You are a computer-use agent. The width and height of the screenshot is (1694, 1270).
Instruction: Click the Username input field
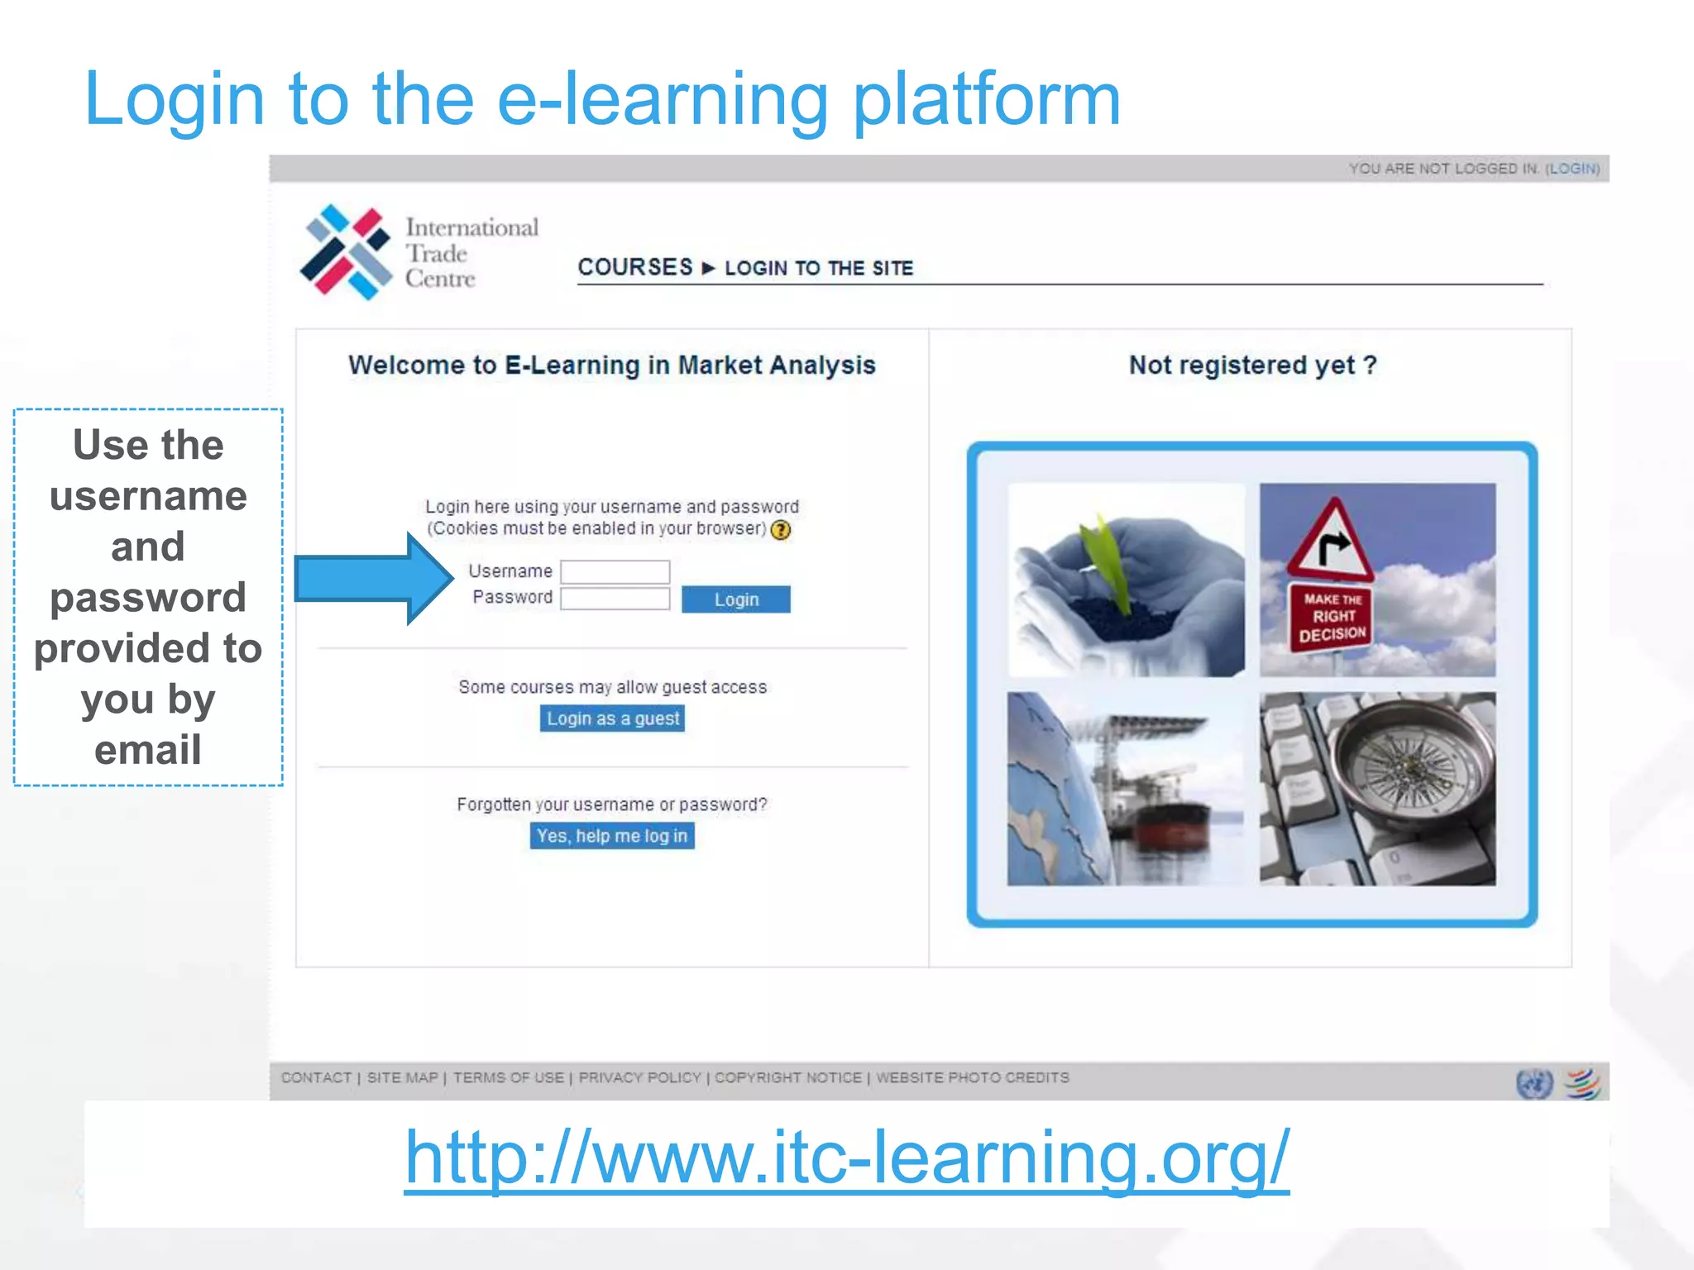click(x=615, y=571)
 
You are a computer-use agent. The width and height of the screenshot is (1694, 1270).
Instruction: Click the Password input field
click(x=615, y=599)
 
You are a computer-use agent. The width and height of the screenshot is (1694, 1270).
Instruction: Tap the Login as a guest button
click(x=612, y=719)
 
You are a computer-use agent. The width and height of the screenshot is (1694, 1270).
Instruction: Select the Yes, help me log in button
click(x=612, y=836)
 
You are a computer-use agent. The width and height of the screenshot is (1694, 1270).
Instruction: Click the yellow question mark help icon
click(x=781, y=530)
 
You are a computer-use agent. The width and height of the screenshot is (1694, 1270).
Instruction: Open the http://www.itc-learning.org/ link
click(x=846, y=1157)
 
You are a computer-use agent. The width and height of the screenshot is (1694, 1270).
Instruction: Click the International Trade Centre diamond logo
click(x=345, y=252)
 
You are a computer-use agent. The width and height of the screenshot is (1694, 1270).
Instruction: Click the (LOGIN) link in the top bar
click(x=1572, y=169)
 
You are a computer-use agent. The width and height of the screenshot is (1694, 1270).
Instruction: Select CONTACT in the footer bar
click(x=316, y=1077)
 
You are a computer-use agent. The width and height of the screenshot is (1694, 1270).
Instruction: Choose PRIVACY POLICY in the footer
click(x=639, y=1077)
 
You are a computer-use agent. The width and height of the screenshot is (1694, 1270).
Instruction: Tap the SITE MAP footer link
click(x=402, y=1077)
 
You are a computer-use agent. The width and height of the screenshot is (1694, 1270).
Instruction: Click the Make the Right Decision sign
click(x=1332, y=616)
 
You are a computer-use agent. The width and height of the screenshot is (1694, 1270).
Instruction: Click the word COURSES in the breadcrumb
click(x=634, y=267)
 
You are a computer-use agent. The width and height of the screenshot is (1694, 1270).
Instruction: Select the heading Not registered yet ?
click(x=1252, y=365)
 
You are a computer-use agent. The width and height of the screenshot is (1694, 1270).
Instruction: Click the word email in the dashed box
click(x=148, y=750)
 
